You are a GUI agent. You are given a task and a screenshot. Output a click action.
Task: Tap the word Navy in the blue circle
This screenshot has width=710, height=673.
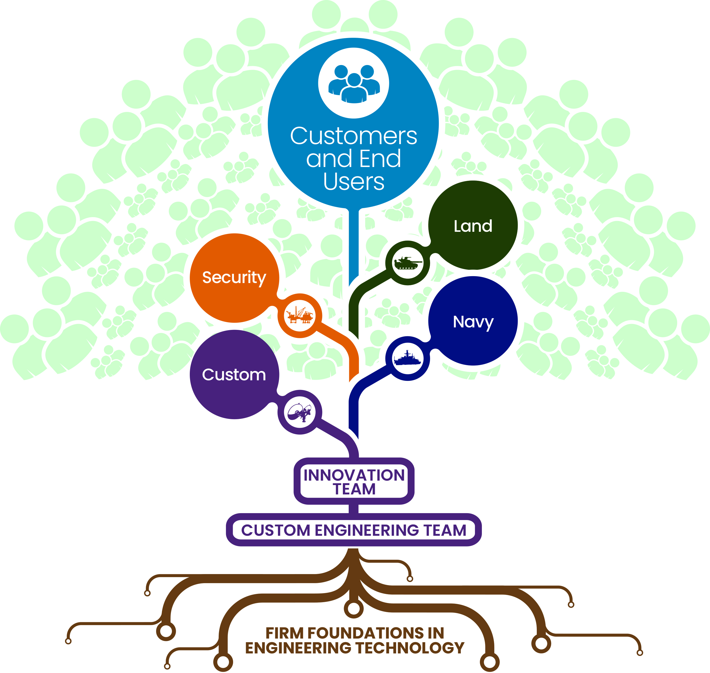(x=473, y=322)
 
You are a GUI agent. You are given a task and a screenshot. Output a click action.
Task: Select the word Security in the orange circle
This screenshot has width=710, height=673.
(x=234, y=278)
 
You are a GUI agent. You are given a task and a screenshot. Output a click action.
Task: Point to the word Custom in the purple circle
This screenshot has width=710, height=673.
(x=234, y=375)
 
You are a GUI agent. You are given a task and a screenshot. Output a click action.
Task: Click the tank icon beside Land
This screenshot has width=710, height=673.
(x=408, y=263)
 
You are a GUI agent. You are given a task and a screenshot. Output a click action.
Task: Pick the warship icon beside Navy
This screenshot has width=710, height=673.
(x=408, y=358)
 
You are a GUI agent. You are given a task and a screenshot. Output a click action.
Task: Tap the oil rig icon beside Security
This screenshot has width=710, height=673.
(x=300, y=315)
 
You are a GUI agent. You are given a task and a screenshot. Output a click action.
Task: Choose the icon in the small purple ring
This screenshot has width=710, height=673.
(x=300, y=412)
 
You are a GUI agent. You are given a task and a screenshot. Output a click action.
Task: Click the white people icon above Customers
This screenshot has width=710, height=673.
(x=354, y=84)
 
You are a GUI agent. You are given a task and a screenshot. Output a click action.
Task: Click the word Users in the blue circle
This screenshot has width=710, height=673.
(x=354, y=182)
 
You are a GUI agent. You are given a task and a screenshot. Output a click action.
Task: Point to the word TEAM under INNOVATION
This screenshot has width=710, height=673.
(x=354, y=489)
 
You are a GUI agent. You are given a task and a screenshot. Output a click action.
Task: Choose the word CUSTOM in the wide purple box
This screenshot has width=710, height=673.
(x=276, y=530)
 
